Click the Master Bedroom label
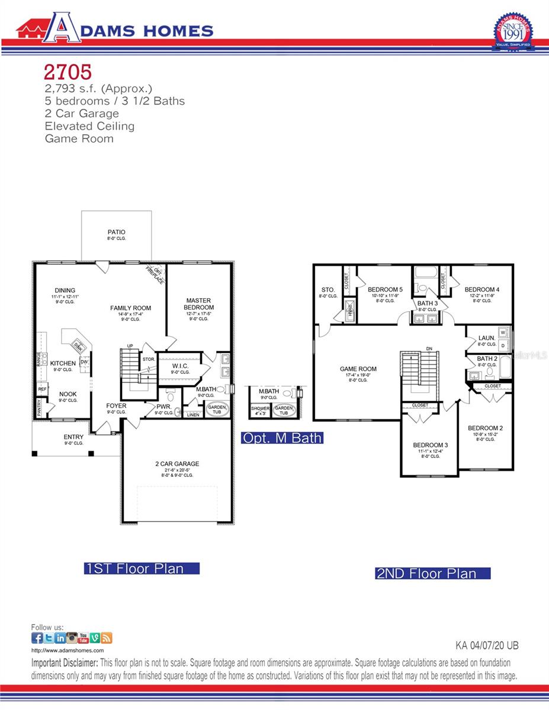tap(199, 304)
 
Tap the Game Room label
tap(358, 369)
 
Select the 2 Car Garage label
tap(173, 464)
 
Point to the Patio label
tap(116, 233)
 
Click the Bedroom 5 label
tap(385, 290)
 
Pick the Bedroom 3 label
tap(430, 445)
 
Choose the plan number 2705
tap(68, 72)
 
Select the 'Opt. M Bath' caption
tap(282, 438)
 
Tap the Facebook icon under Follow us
tap(37, 638)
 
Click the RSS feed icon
tap(107, 638)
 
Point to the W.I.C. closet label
tap(180, 366)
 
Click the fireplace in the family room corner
tap(155, 272)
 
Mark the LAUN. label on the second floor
tap(487, 338)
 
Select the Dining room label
tap(65, 291)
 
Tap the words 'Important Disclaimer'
tap(65, 663)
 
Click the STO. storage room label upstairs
tap(328, 290)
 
